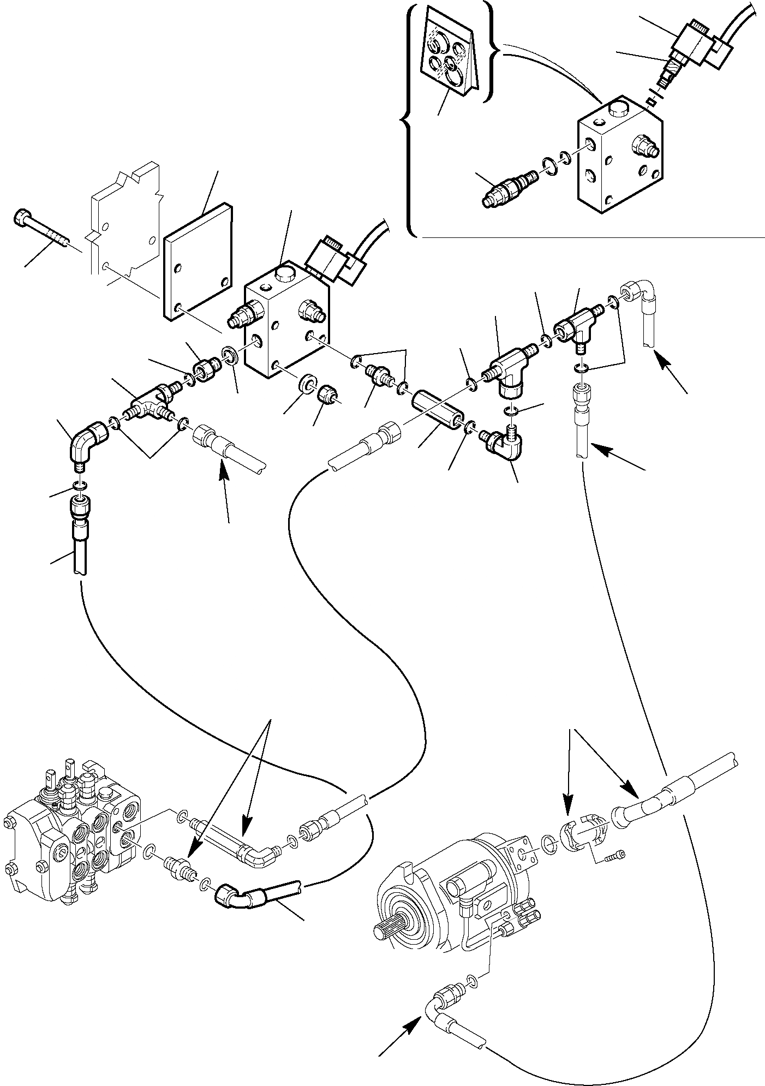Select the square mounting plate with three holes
(198, 261)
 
